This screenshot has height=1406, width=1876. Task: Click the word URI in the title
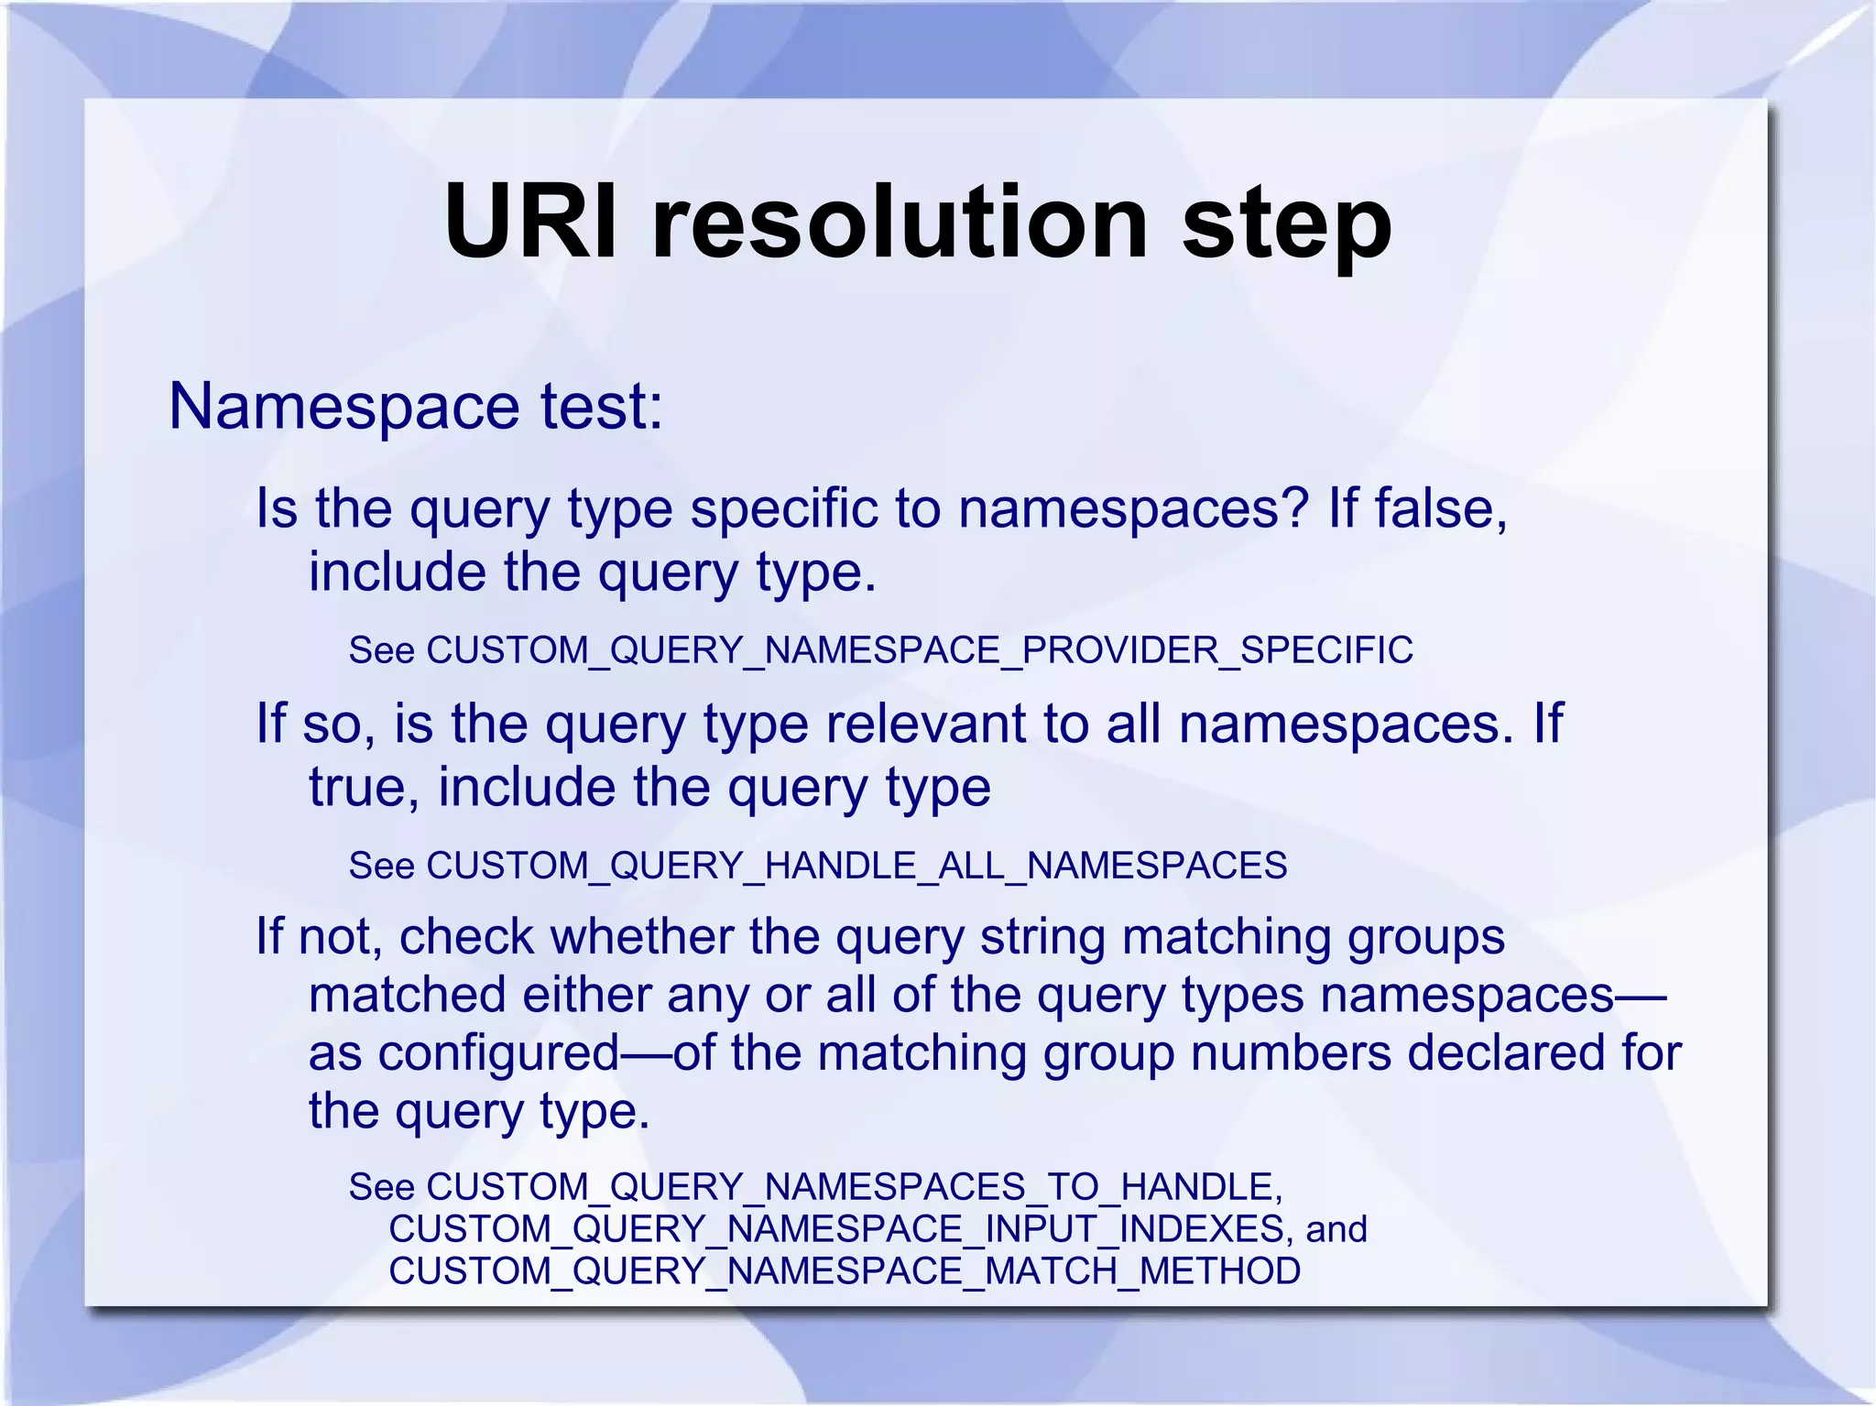coord(531,223)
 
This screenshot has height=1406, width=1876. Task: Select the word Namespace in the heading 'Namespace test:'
coord(343,406)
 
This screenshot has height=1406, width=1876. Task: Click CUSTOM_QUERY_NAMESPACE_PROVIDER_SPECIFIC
coord(920,650)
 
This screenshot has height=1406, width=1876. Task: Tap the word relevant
coord(925,724)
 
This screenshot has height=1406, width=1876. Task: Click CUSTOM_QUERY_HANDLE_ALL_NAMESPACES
coord(856,866)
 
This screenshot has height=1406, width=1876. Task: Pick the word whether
coord(641,937)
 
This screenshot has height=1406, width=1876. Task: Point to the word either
coord(586,996)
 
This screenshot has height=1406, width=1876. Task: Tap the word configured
coord(499,1054)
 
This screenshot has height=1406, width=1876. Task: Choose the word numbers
coord(1291,1053)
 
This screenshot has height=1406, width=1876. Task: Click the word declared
coord(1506,1053)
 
